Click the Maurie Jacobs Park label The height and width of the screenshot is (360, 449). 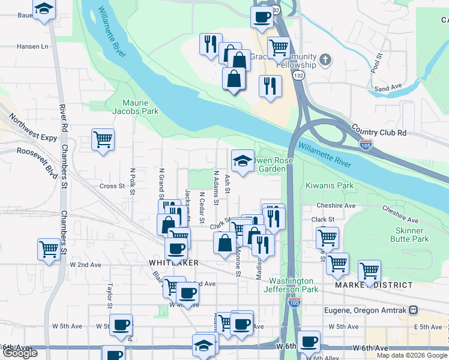(x=136, y=107)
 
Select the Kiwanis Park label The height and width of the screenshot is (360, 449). (x=330, y=186)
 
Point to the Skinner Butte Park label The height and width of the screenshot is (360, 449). (x=411, y=235)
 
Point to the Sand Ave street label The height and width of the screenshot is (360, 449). (x=388, y=88)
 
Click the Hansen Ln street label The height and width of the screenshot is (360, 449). (x=32, y=46)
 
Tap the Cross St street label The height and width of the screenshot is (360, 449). (x=112, y=186)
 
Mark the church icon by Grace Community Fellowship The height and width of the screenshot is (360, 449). (x=325, y=60)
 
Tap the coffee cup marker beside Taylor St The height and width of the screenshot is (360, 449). (x=121, y=325)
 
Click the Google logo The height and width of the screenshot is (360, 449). (x=20, y=353)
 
